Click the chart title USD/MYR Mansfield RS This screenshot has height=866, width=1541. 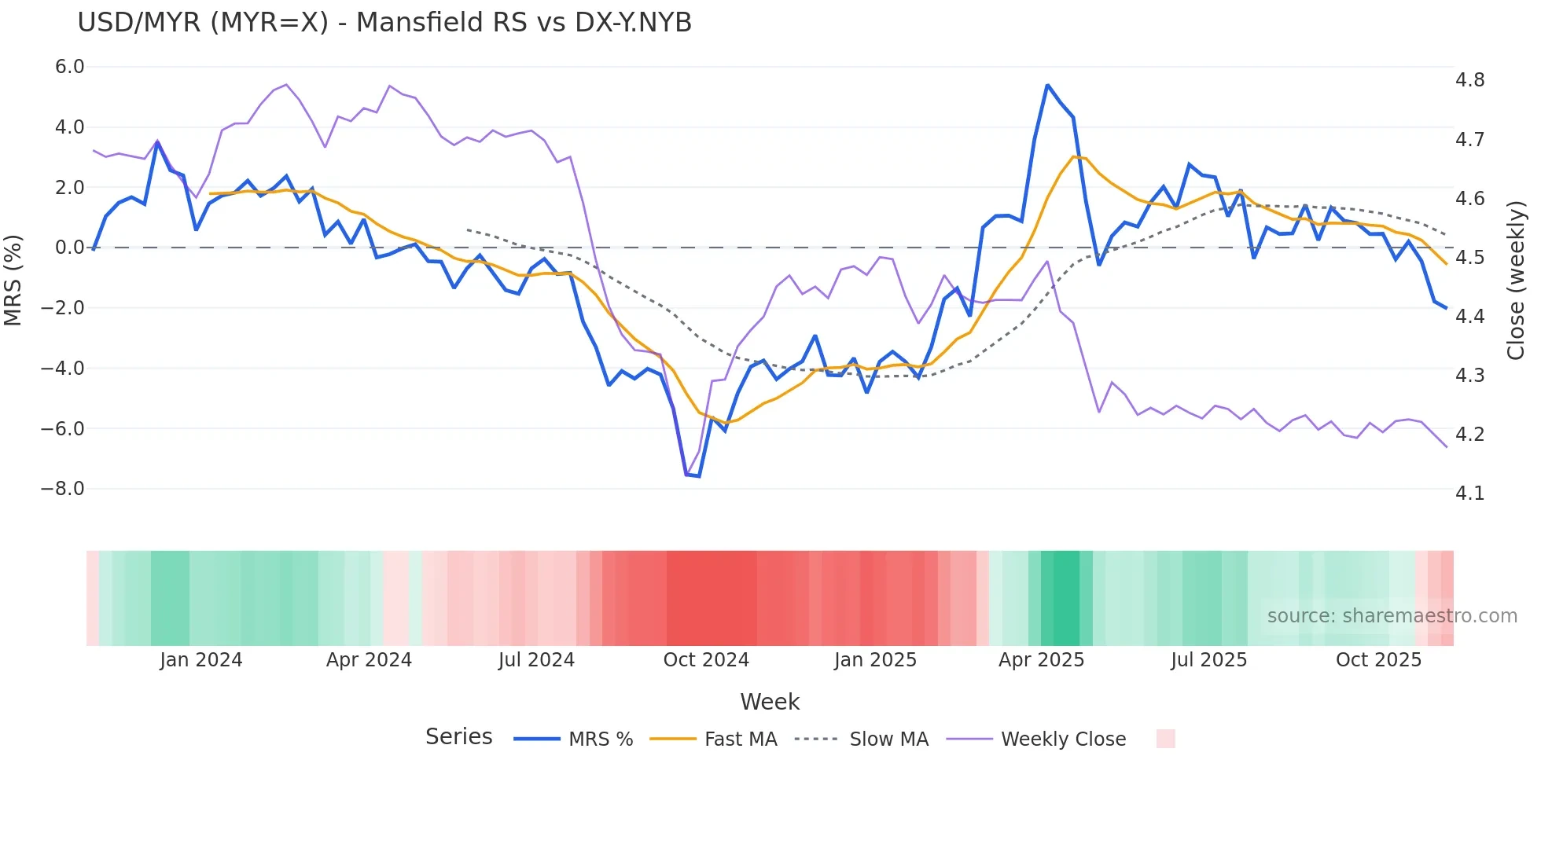(x=384, y=23)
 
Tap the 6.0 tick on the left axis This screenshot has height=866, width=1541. (x=69, y=67)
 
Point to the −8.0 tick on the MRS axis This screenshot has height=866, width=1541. (x=63, y=489)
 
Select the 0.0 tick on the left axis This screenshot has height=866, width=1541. (x=69, y=248)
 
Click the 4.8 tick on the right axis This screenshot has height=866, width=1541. (x=1469, y=80)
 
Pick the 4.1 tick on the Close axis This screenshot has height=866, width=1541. (x=1469, y=494)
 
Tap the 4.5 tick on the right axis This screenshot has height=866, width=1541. (x=1469, y=258)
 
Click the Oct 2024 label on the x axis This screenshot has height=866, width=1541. (x=706, y=660)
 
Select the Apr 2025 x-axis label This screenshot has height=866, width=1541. (x=1041, y=660)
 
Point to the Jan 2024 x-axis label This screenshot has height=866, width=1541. (x=200, y=660)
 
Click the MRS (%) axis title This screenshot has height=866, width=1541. (x=13, y=280)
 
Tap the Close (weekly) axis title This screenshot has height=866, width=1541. (x=1516, y=281)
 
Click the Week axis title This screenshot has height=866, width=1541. (x=770, y=702)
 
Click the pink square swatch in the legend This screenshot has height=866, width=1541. (x=1165, y=739)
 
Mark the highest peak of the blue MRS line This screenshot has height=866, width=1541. (x=1047, y=85)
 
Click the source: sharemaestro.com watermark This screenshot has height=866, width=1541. (x=1392, y=616)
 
